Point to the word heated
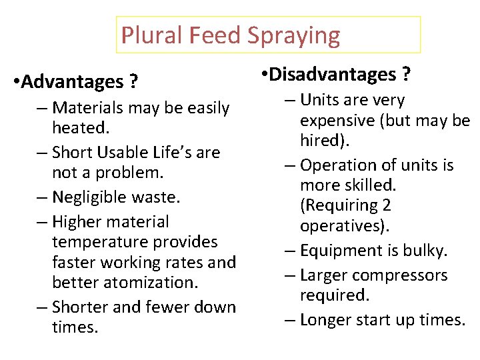pyautogui.click(x=79, y=127)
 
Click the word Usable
pyautogui.click(x=125, y=153)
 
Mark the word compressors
pyautogui.click(x=409, y=275)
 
